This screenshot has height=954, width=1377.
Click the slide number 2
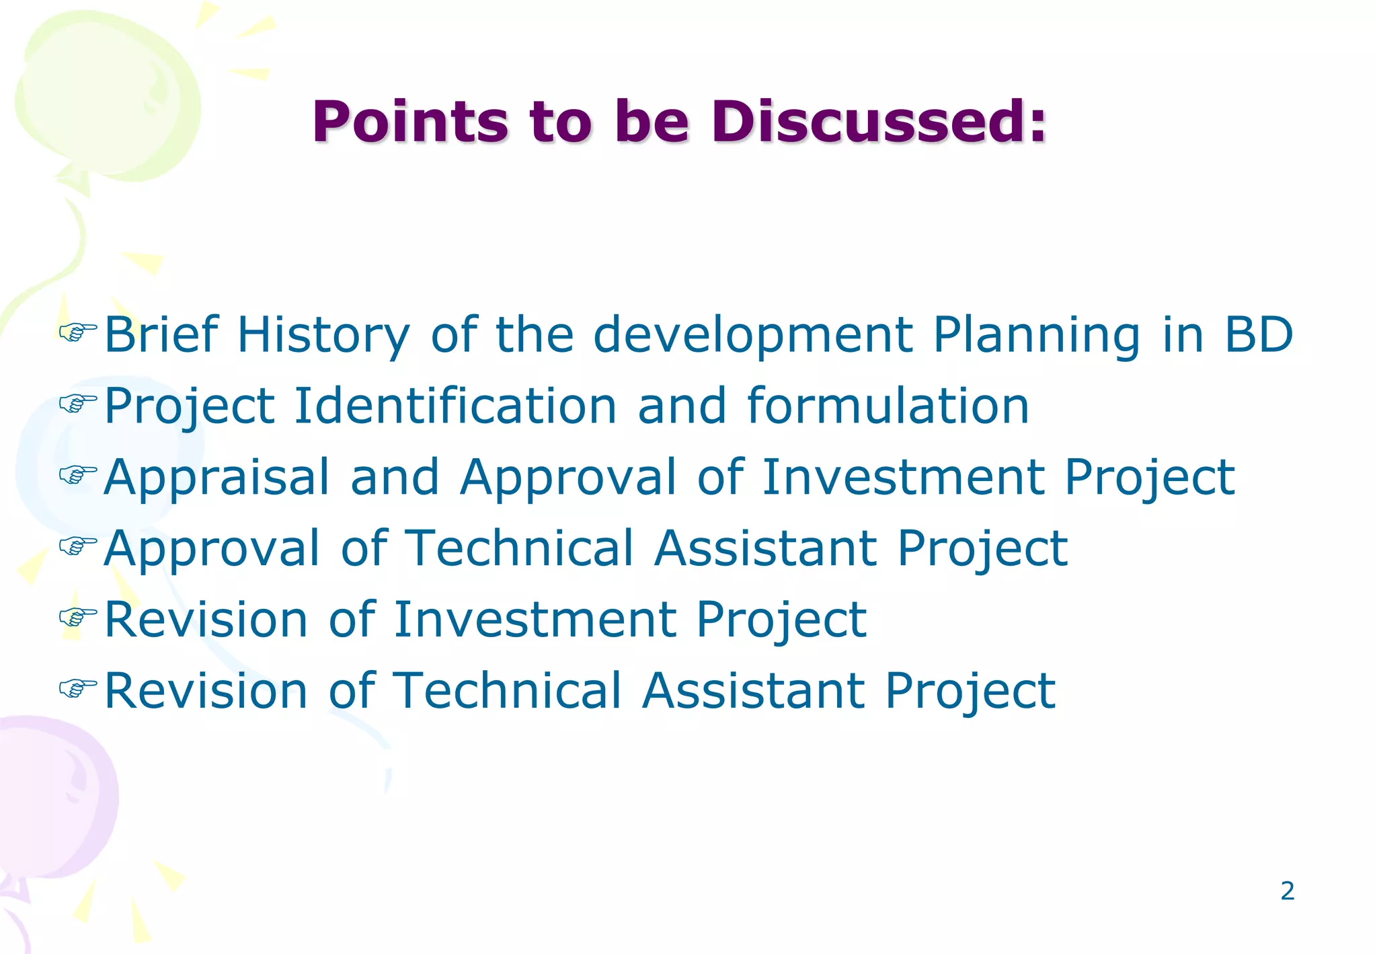click(x=1287, y=891)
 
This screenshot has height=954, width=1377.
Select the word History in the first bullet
click(x=323, y=335)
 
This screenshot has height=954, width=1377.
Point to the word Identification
click(x=455, y=406)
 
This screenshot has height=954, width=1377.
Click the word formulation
click(x=888, y=406)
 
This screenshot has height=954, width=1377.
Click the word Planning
click(x=1036, y=335)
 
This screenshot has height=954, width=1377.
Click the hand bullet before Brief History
click(x=78, y=331)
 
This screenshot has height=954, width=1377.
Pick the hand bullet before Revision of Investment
click(x=78, y=616)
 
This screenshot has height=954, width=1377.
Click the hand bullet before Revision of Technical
click(x=78, y=687)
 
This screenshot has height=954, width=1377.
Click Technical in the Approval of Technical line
click(x=521, y=548)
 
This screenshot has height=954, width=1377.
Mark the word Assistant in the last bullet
click(x=753, y=691)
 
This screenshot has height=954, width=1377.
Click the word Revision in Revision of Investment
click(x=206, y=620)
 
